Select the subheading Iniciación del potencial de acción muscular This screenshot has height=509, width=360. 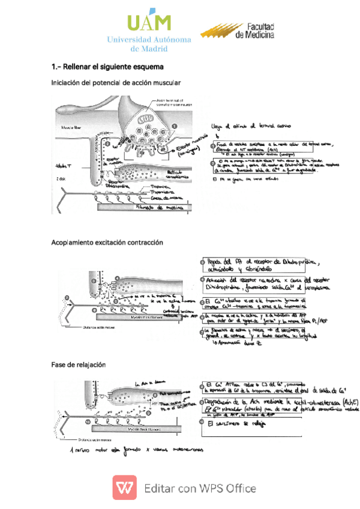pos(116,82)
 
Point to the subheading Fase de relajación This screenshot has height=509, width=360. pos(79,364)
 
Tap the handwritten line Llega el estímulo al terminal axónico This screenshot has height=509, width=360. pos(251,127)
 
